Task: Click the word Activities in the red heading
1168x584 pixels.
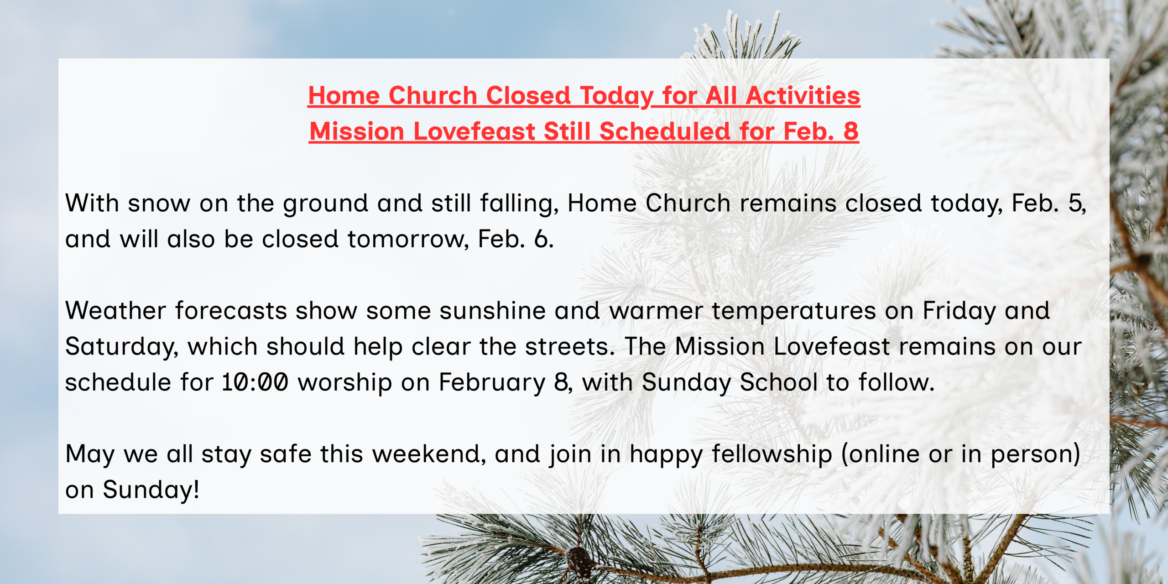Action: (x=803, y=95)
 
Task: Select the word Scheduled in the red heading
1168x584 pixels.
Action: (x=665, y=131)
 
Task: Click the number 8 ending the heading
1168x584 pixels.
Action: (x=851, y=131)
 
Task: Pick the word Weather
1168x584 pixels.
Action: (x=115, y=311)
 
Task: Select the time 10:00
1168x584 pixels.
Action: (x=255, y=382)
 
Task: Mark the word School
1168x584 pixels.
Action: (x=778, y=382)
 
